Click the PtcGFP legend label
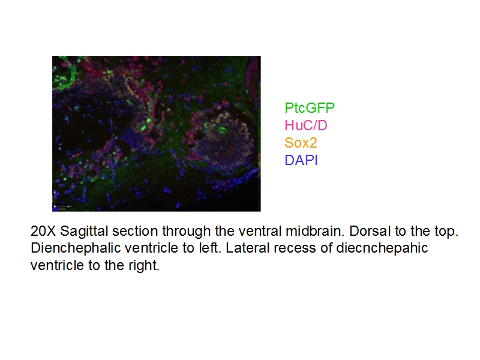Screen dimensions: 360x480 [x=309, y=108]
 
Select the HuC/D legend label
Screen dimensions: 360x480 [x=306, y=125]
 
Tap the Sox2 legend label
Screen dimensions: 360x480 [x=300, y=143]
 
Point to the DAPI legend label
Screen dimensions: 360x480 [x=301, y=160]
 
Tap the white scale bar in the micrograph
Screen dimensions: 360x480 [x=62, y=208]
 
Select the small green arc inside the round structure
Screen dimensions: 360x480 [x=224, y=128]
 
